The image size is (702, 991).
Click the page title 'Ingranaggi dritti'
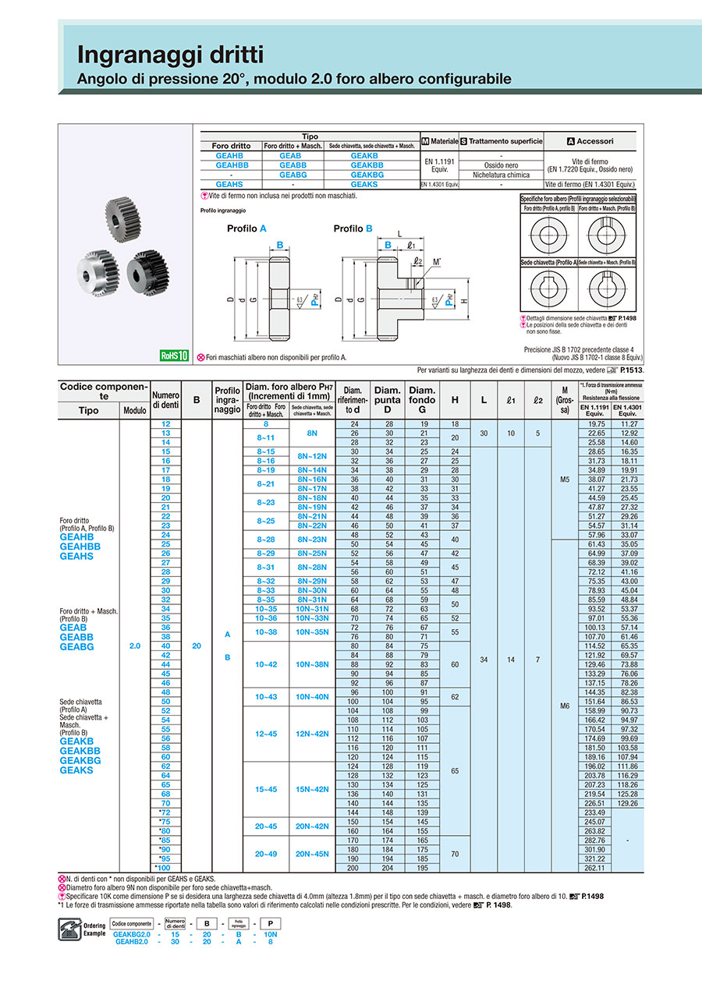click(169, 55)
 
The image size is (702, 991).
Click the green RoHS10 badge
click(174, 356)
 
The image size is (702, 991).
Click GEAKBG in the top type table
click(367, 175)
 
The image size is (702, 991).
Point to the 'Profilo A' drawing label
click(246, 228)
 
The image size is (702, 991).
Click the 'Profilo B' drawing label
click(353, 228)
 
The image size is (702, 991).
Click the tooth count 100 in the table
click(165, 867)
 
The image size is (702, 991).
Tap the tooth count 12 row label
click(165, 423)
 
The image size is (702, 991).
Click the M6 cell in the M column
click(565, 705)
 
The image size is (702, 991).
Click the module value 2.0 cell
click(134, 646)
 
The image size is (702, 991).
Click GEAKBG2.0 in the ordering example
click(130, 933)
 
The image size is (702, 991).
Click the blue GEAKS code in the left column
click(76, 770)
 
